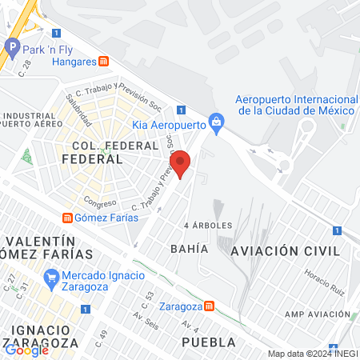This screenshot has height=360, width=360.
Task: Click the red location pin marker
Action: pyautogui.click(x=182, y=163)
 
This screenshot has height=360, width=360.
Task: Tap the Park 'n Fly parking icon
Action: pyautogui.click(x=12, y=48)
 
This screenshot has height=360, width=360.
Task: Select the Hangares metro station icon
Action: pyautogui.click(x=103, y=62)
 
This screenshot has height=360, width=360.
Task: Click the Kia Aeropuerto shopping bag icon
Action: pyautogui.click(x=215, y=121)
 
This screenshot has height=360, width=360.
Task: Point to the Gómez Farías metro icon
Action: pyautogui.click(x=68, y=217)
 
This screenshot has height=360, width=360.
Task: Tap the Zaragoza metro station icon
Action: pyautogui.click(x=209, y=306)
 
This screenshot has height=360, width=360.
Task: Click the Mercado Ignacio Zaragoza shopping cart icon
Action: pyautogui.click(x=51, y=278)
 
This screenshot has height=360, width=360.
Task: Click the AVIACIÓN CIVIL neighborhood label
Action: pyautogui.click(x=279, y=250)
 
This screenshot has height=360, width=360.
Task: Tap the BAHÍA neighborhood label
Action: pyautogui.click(x=189, y=249)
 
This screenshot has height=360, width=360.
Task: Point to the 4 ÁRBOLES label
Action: pyautogui.click(x=208, y=226)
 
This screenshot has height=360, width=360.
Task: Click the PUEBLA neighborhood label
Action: pyautogui.click(x=209, y=342)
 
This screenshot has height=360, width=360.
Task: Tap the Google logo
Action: pyautogui.click(x=26, y=349)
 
